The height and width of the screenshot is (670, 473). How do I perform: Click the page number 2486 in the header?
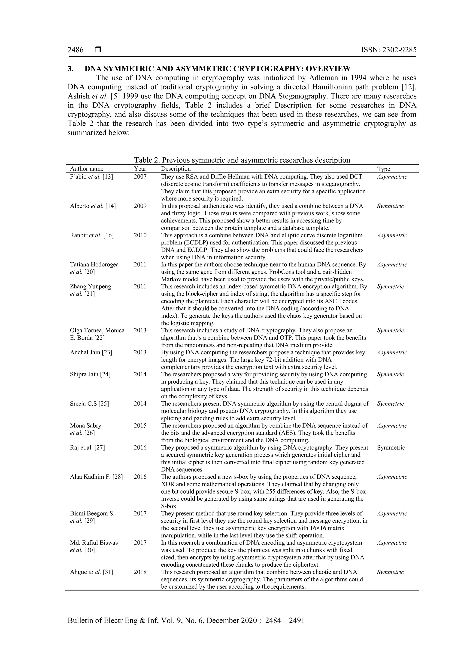click(76, 50)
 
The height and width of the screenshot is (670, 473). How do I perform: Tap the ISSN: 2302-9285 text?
click(388, 50)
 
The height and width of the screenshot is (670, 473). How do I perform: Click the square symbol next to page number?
click(98, 50)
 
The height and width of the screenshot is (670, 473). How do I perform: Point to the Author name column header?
click(87, 169)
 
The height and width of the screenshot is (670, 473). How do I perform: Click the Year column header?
click(140, 169)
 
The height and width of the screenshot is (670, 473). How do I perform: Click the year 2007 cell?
click(140, 176)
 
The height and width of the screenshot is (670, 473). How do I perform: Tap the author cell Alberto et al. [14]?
click(93, 206)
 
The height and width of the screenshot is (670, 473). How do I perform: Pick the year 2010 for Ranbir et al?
click(140, 235)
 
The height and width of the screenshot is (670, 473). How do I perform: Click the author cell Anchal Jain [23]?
click(91, 352)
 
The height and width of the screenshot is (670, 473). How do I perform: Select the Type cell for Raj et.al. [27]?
click(391, 447)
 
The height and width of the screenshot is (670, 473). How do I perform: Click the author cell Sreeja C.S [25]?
click(89, 404)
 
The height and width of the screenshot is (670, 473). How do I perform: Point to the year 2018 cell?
click(140, 572)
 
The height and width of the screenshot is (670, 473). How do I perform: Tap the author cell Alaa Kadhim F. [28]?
click(96, 477)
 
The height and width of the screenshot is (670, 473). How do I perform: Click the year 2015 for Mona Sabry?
click(140, 426)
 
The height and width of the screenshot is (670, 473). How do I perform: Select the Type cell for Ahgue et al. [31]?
click(390, 572)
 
